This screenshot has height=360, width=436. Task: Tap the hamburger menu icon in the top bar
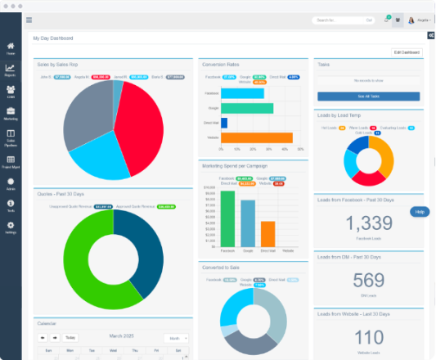click(x=29, y=20)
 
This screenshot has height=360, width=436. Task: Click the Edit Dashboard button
click(x=407, y=52)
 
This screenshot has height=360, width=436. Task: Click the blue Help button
click(x=420, y=212)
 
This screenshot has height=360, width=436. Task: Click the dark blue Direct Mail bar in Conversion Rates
click(x=224, y=123)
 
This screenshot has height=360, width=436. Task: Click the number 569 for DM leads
click(x=368, y=281)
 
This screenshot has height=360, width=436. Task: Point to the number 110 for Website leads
click(x=368, y=337)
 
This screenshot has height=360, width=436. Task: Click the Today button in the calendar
click(x=70, y=337)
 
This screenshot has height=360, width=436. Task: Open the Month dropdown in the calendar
click(x=175, y=337)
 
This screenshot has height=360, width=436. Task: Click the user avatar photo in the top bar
click(x=411, y=20)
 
